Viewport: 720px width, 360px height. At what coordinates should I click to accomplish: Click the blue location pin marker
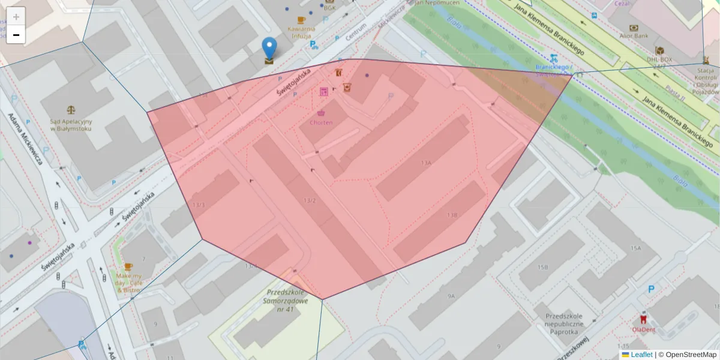[270, 48]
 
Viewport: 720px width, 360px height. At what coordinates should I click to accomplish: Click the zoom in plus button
[16, 17]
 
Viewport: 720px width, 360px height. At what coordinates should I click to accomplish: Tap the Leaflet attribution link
[641, 355]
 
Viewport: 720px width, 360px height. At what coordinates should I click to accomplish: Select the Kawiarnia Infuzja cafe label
[301, 32]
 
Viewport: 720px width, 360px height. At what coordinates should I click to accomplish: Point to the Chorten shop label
[321, 122]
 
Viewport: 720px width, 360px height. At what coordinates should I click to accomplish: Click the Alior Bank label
[634, 36]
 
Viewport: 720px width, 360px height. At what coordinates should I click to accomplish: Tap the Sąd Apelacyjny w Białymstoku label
[71, 125]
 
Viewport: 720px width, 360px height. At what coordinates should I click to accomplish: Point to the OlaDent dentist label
[643, 329]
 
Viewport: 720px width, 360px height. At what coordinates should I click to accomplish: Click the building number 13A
[426, 163]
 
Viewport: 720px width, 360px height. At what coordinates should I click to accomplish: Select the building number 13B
[452, 214]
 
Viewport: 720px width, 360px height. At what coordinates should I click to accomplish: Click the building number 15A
[636, 248]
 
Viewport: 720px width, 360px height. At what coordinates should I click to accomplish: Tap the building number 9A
[451, 296]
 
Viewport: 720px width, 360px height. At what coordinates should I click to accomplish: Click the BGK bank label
[329, 8]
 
